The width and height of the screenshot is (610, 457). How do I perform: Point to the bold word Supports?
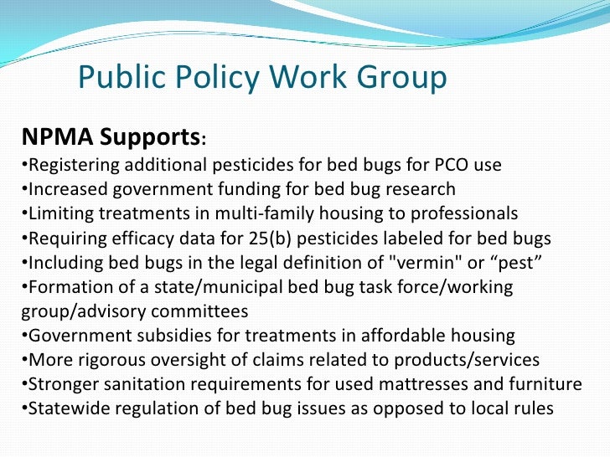point(151,136)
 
